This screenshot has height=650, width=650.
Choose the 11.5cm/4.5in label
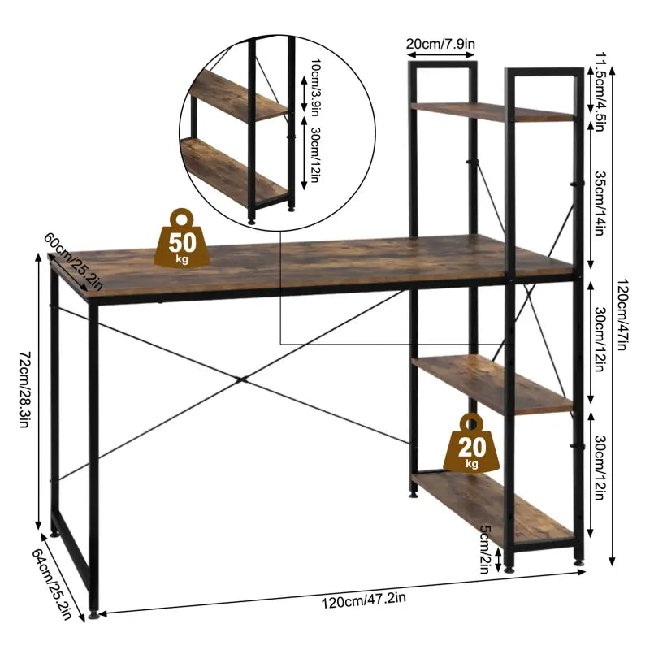pyautogui.click(x=600, y=86)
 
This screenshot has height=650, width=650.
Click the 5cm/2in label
pyautogui.click(x=485, y=548)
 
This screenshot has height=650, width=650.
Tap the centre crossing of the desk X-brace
pyautogui.click(x=239, y=379)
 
